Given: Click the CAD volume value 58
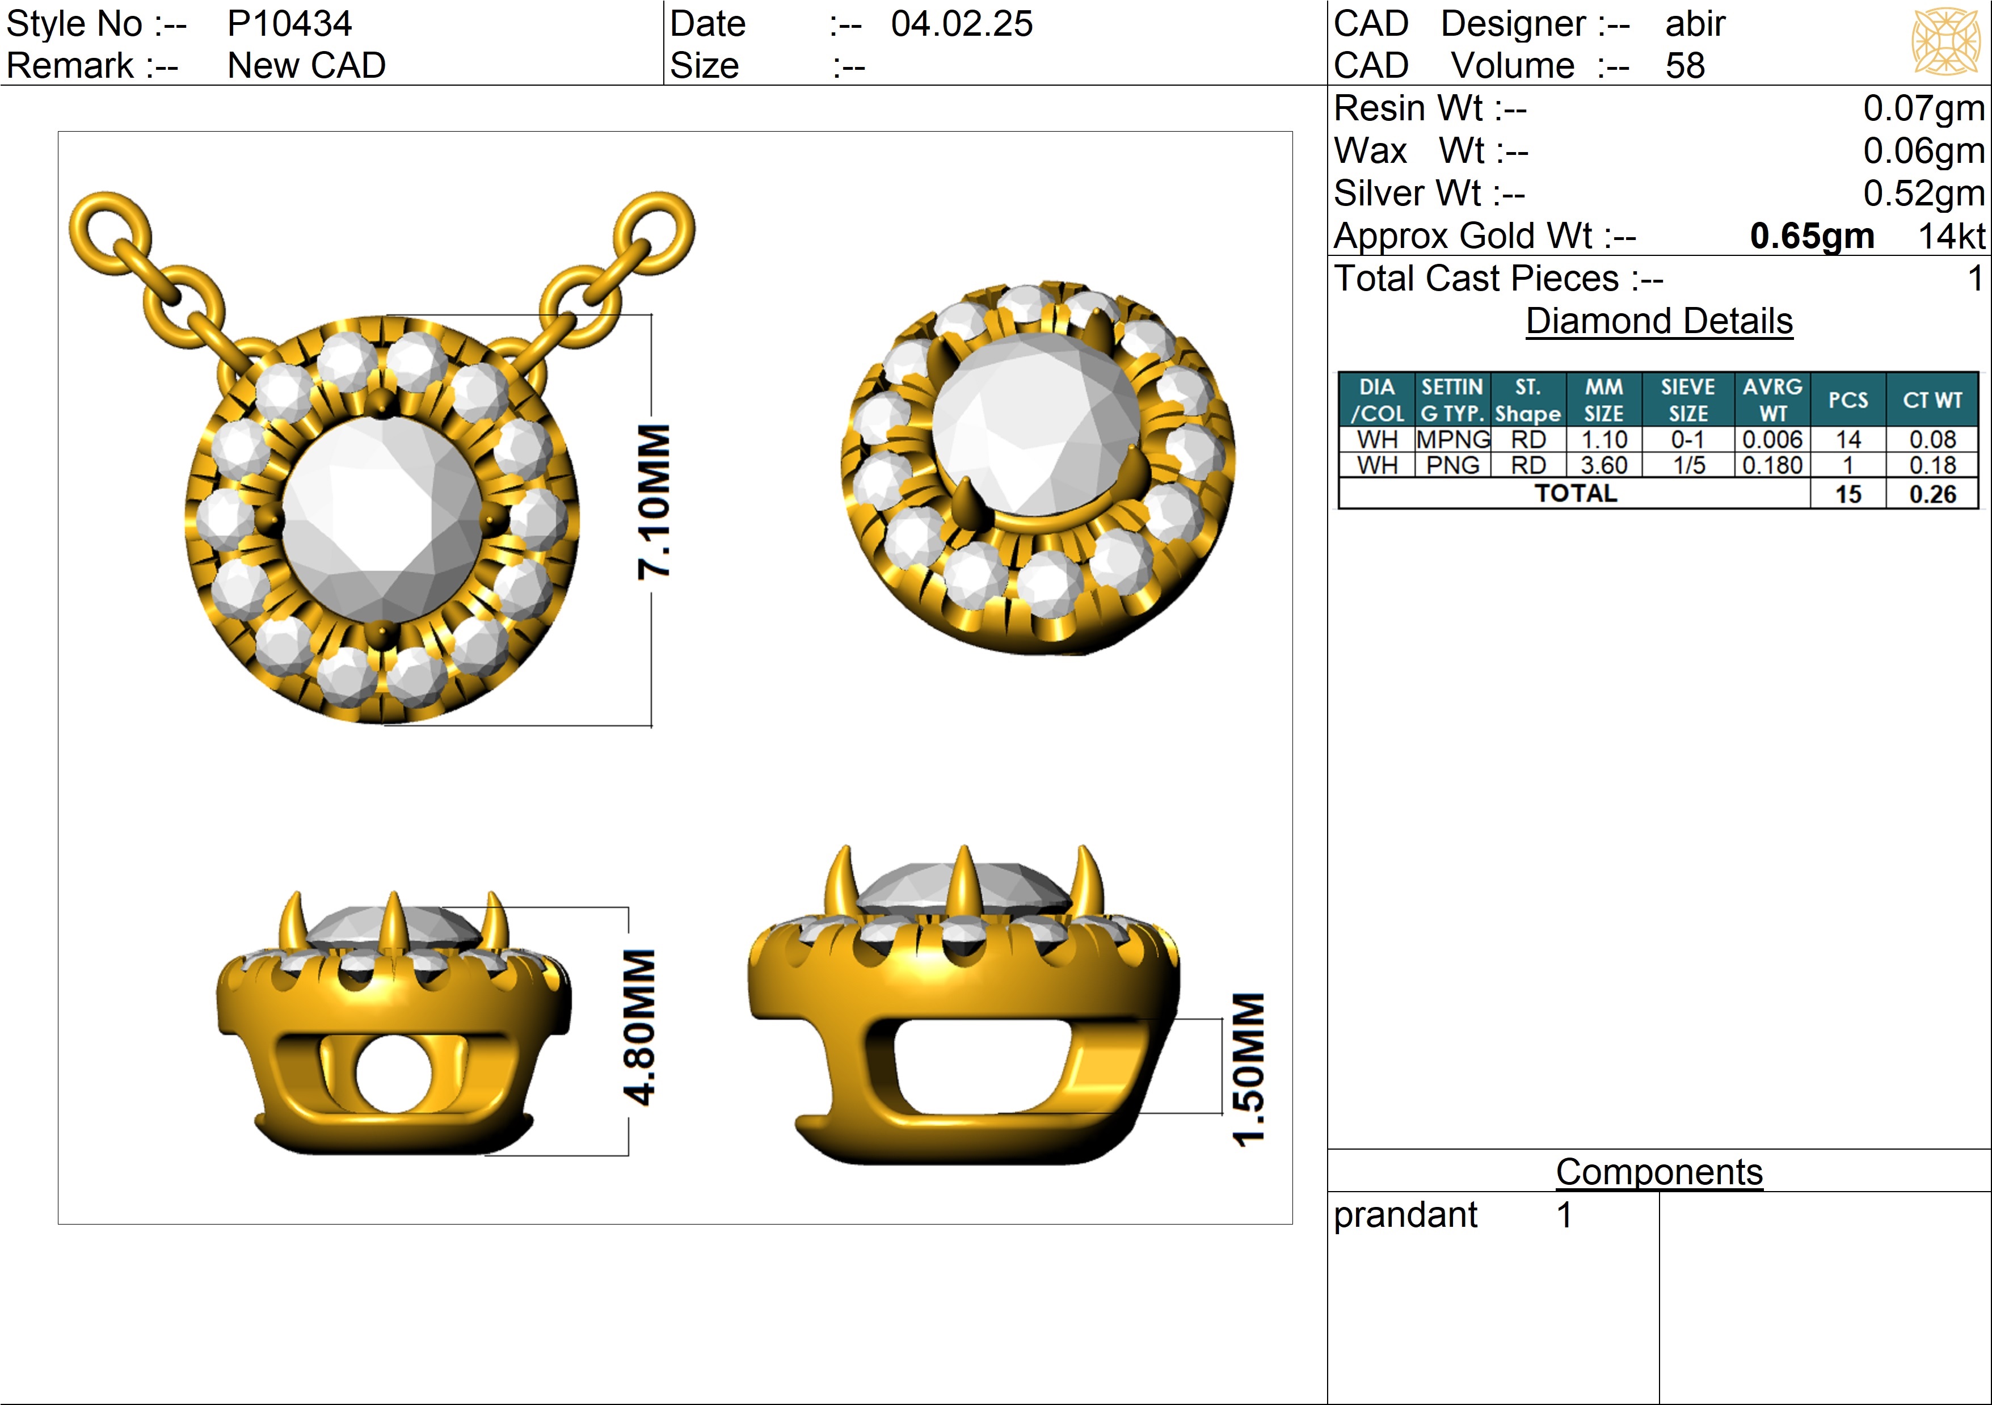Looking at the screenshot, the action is point(1685,66).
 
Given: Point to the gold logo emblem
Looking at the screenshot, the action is point(1946,41).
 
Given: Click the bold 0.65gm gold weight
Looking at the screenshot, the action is point(1812,236).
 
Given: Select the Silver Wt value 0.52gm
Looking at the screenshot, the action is point(1923,193).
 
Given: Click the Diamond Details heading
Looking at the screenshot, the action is point(1659,321).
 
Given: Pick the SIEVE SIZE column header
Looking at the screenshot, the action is point(1687,400).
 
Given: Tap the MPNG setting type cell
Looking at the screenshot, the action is point(1453,440).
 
